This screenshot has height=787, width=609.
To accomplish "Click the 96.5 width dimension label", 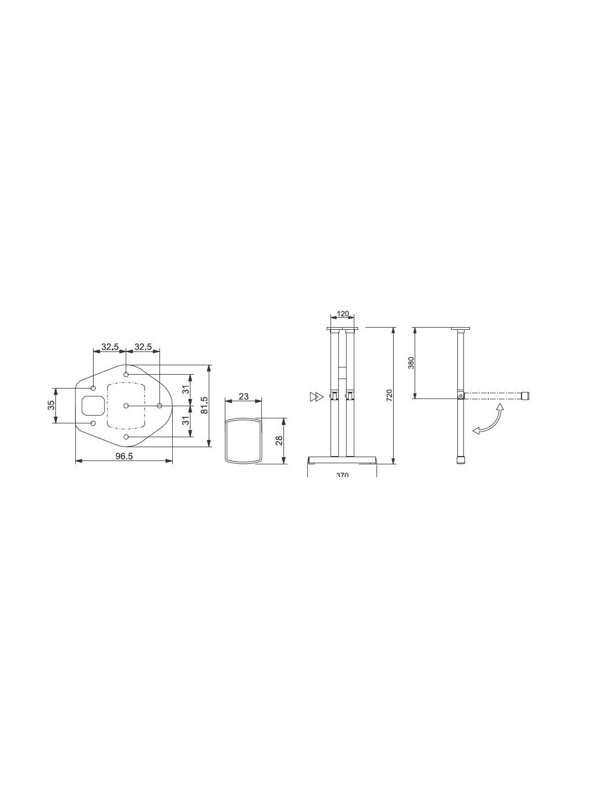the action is point(124,456).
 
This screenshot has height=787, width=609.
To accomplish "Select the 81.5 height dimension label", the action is point(204,405).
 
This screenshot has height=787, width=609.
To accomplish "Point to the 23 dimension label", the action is point(244,396).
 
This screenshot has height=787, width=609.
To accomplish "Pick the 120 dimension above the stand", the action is point(343,313).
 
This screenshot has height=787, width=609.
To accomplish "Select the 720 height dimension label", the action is point(389,395).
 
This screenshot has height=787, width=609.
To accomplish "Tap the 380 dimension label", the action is point(411,363).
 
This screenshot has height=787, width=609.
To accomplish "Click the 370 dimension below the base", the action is point(342,475).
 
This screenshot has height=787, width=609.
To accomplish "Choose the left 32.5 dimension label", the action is point(110,346).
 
